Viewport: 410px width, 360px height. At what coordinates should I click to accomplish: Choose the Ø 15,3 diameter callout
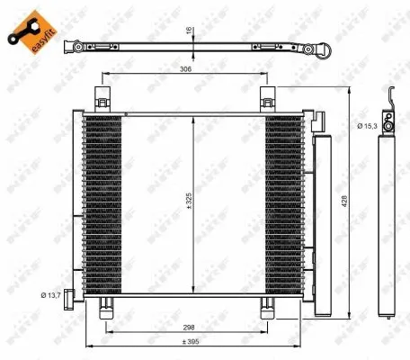pos(366,127)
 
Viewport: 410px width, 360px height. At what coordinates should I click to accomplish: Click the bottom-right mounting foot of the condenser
pos(268,308)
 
